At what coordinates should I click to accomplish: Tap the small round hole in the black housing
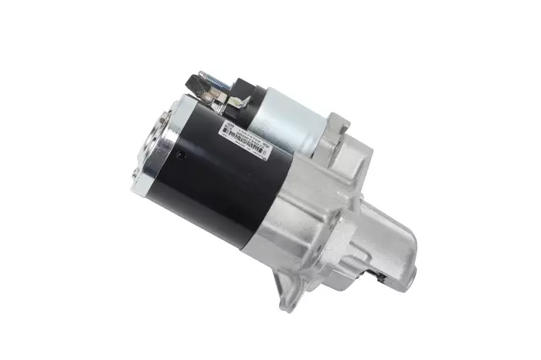pyautogui.click(x=180, y=154)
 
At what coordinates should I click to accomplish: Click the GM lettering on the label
pyautogui.click(x=227, y=127)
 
